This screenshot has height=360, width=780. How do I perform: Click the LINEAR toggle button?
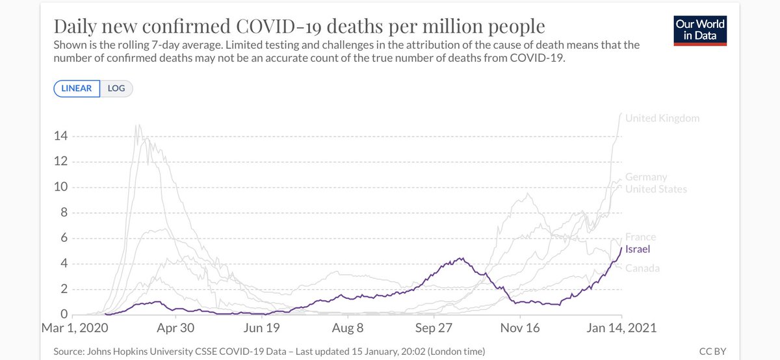(x=77, y=88)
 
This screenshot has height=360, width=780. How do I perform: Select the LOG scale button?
(x=116, y=88)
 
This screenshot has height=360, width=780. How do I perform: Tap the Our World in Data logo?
(x=701, y=29)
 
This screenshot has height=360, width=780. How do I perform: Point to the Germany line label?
(x=645, y=177)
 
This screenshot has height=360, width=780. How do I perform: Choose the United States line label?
(x=655, y=189)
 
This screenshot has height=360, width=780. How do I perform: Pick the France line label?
(x=640, y=237)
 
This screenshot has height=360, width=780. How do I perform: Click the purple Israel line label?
(x=638, y=249)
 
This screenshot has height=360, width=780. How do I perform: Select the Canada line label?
(x=642, y=268)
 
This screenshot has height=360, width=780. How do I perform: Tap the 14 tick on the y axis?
(x=61, y=136)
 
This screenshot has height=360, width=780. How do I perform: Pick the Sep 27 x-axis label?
(x=434, y=329)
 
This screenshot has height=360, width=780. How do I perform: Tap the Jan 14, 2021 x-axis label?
(x=621, y=329)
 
